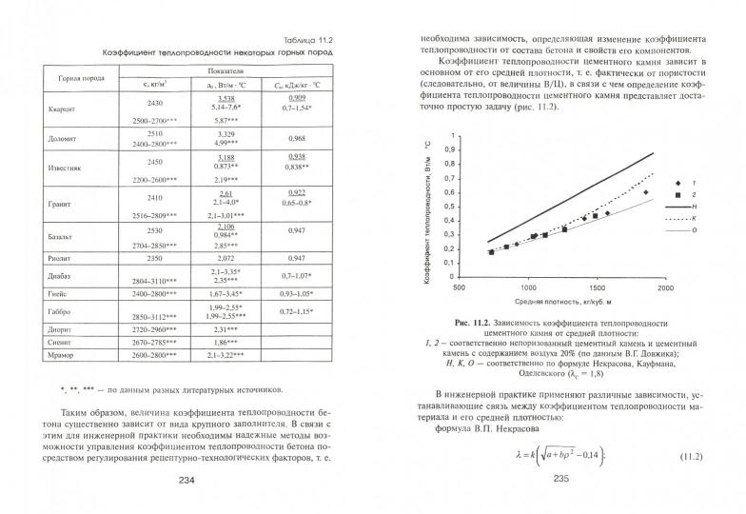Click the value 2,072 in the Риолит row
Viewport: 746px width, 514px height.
225,257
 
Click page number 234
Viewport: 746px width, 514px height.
186,479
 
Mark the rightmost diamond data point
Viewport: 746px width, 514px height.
645,193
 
